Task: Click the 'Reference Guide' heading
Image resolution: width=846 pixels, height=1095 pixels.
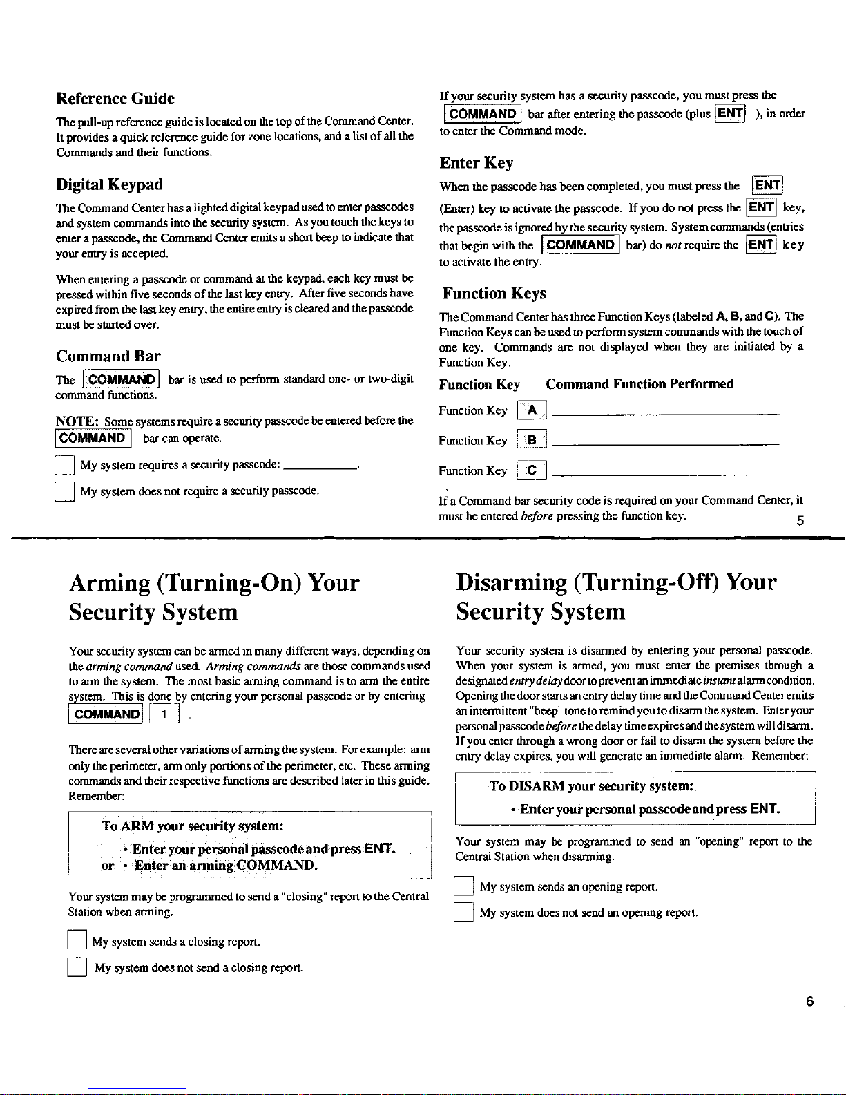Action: [115, 99]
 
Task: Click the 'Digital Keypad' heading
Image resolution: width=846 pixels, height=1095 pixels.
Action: [109, 184]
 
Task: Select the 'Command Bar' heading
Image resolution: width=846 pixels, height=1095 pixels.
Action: [108, 356]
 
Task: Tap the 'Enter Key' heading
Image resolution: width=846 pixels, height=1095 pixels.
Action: [476, 163]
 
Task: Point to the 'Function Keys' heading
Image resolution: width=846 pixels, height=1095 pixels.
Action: [494, 294]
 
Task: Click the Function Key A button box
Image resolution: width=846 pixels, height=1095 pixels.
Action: [532, 410]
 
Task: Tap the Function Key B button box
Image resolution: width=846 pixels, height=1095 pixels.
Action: [532, 441]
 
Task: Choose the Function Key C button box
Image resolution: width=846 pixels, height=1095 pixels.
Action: [532, 471]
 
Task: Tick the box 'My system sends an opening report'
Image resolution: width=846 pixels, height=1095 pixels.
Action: [463, 886]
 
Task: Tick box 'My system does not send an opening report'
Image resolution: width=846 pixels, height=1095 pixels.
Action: [463, 913]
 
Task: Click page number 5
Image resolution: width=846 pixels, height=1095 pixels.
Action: [800, 521]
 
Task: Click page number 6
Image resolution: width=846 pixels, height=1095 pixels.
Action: [809, 1002]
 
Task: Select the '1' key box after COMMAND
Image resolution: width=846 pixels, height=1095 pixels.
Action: [164, 714]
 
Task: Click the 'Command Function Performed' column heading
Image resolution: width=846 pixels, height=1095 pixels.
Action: [640, 384]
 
